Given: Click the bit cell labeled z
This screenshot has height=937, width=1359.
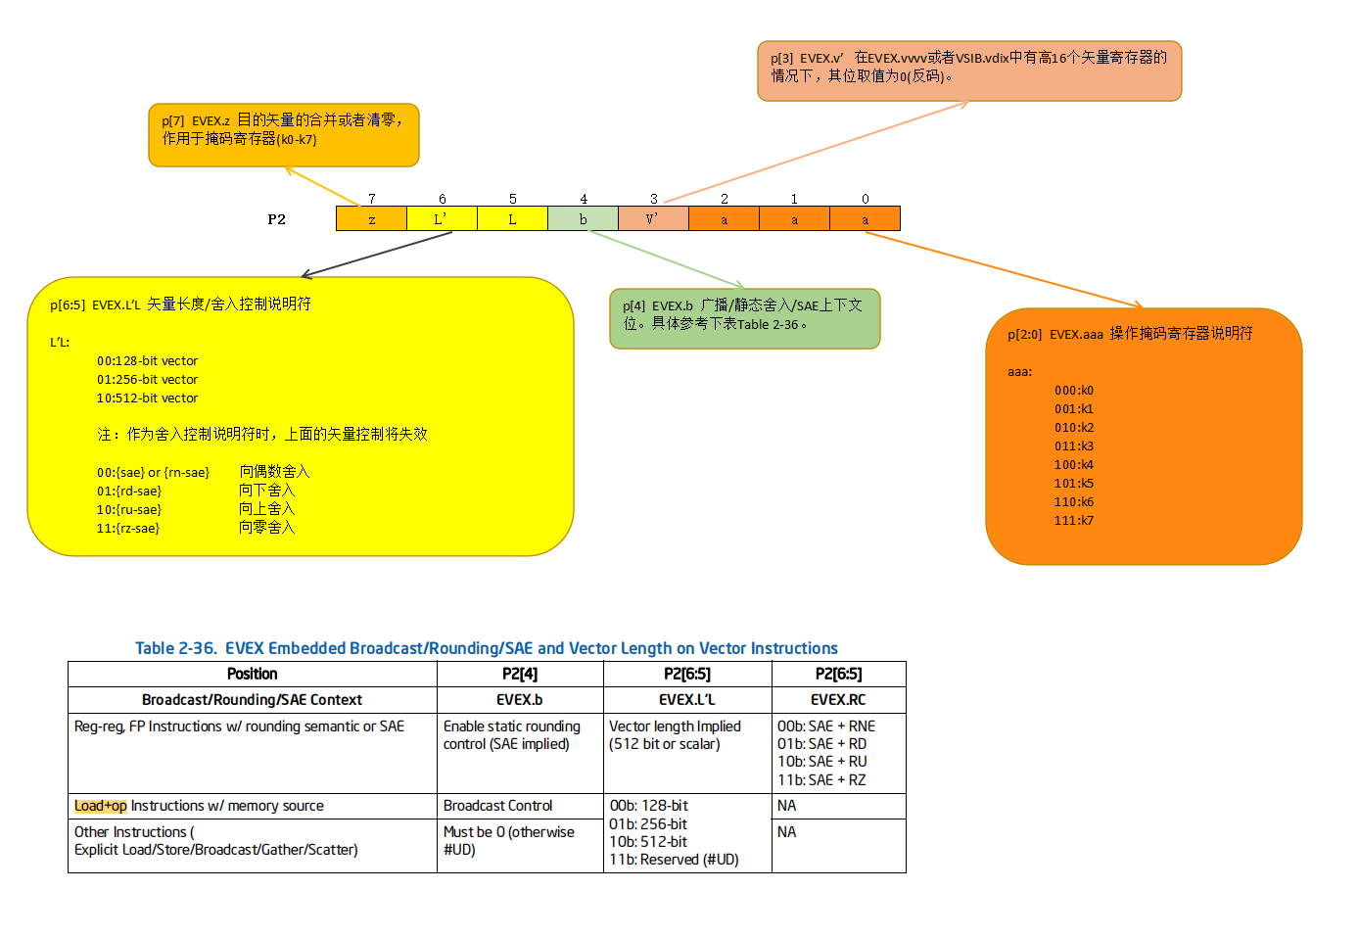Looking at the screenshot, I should pos(371,219).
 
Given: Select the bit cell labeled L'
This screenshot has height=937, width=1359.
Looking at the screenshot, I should pos(442,219).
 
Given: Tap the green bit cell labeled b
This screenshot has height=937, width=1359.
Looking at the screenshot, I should pos(583,219).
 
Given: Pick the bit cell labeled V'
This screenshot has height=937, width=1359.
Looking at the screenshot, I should pos(653,219).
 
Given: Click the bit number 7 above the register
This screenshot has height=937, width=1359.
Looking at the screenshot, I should pos(372,199).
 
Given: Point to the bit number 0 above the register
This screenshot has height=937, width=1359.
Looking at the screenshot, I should pos(866,199).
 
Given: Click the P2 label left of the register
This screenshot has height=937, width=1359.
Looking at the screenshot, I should pos(277,219).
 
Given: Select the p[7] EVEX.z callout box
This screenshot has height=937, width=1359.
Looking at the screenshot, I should pos(284,135).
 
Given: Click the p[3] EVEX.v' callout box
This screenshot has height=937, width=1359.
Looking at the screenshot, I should pos(969,70).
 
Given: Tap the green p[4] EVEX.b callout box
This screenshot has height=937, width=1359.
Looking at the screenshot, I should pos(744,318).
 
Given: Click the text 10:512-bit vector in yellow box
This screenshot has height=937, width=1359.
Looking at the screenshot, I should pos(147,398).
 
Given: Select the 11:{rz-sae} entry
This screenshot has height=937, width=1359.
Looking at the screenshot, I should pos(128,529).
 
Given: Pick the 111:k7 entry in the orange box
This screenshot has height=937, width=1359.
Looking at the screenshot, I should pos(1074,521).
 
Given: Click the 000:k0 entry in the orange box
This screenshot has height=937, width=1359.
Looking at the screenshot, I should pos(1074,391).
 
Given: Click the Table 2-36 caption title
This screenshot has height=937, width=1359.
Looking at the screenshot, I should pos(487,648).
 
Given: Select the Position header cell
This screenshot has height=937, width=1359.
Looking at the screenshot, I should pos(253,674).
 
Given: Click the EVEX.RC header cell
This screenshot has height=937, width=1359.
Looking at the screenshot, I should pos(838,700).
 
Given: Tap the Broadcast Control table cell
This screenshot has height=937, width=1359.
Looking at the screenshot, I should pos(498,806).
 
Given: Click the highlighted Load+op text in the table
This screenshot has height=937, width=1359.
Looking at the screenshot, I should pos(101,806).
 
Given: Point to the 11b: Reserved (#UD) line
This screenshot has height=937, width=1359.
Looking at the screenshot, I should pos(674,860).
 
